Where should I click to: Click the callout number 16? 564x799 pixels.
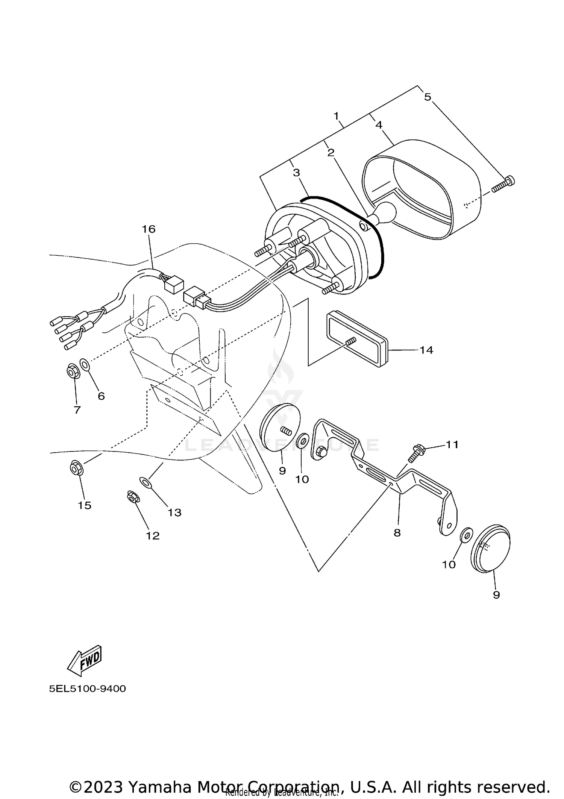point(149,229)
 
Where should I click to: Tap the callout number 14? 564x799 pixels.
point(426,350)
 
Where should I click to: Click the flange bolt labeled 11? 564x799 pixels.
point(418,453)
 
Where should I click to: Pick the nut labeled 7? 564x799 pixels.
point(72,372)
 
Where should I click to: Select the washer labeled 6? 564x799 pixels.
point(85,364)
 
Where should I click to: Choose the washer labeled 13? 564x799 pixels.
point(146,482)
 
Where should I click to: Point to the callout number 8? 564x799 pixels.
point(397,533)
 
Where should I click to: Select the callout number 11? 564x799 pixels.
point(452,444)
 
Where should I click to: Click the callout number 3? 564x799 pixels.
point(296,173)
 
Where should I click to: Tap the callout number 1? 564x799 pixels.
point(337,115)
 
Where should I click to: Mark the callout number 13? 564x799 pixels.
point(174,512)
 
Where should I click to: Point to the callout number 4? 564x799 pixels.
point(379,125)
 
